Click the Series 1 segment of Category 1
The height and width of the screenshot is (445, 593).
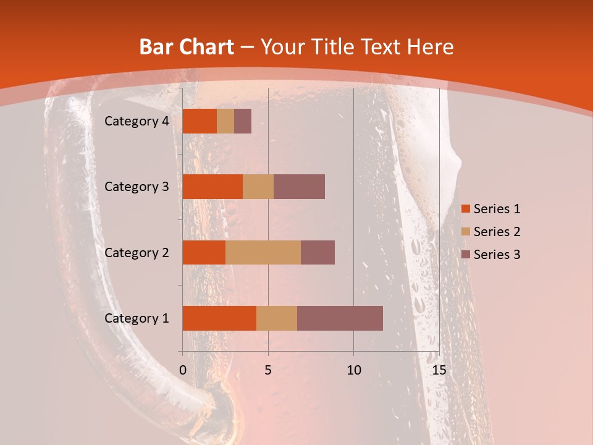(x=219, y=318)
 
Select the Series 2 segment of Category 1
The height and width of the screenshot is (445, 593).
(x=277, y=318)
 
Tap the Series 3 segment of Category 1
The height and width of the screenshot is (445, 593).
(x=340, y=318)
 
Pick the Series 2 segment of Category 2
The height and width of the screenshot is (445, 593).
(x=263, y=252)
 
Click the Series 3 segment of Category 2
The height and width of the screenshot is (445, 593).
(x=318, y=252)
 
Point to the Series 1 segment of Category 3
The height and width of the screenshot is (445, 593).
(x=212, y=187)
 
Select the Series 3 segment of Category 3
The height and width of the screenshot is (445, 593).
(x=299, y=187)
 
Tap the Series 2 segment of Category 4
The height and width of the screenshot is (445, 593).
(x=225, y=121)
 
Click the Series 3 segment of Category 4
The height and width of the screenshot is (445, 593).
(x=243, y=121)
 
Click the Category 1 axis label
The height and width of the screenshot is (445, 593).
(x=136, y=318)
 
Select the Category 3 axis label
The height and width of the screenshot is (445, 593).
(x=136, y=187)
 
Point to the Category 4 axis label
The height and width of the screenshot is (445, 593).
(x=136, y=121)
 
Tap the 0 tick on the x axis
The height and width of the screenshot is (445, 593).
(x=183, y=370)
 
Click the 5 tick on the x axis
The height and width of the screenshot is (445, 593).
(x=268, y=370)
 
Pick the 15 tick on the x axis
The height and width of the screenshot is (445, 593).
(x=439, y=370)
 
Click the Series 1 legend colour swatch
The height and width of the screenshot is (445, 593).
(x=466, y=210)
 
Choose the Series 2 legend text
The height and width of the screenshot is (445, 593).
(x=497, y=232)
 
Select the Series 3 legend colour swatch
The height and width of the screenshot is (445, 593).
(x=466, y=254)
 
